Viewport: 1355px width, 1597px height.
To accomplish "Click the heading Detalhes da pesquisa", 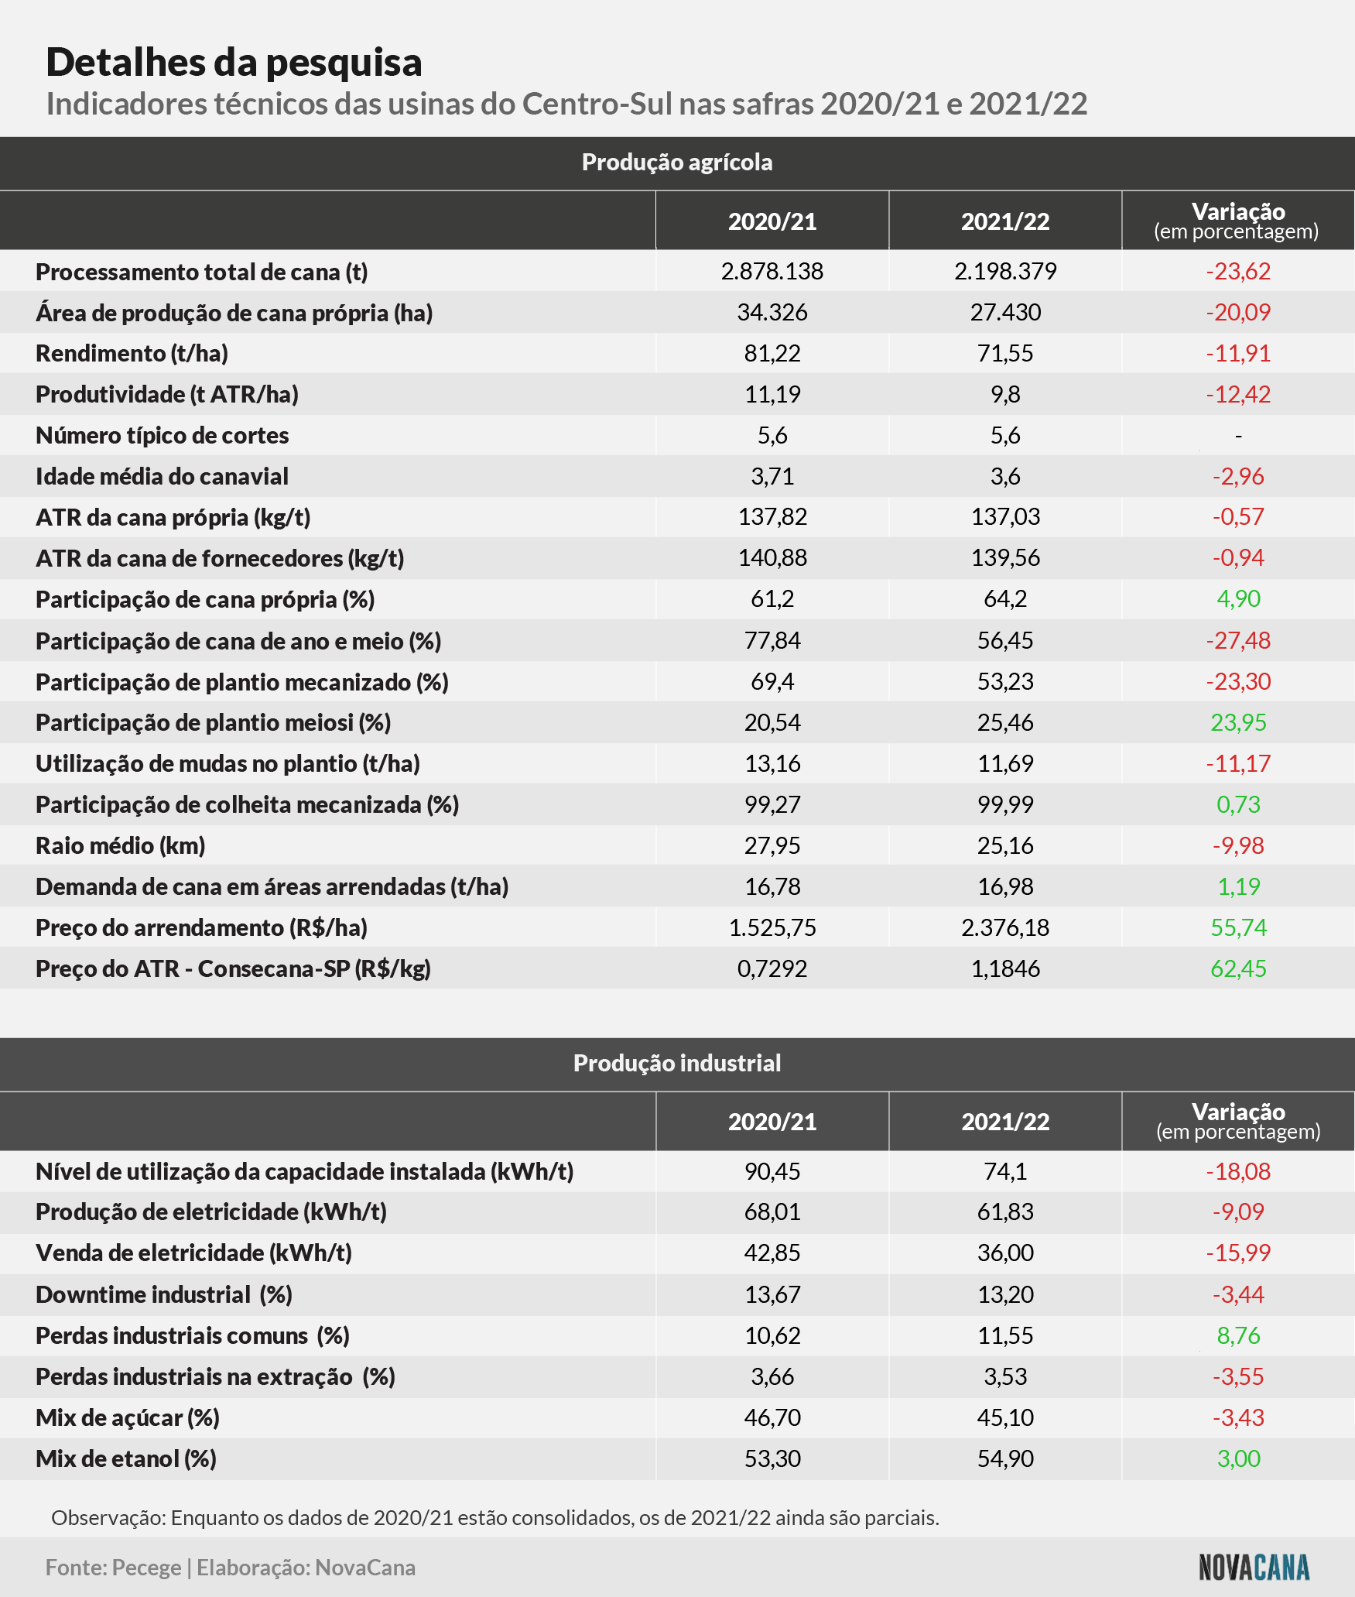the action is click(234, 63).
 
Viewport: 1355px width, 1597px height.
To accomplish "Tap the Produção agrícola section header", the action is click(677, 163).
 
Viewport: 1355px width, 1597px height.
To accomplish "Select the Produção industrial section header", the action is click(677, 1063).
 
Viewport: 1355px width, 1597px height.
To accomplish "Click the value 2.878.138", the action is click(772, 271).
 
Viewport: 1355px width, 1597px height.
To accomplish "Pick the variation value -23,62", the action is click(1238, 271).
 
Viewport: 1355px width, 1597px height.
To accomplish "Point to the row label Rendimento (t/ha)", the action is click(132, 354).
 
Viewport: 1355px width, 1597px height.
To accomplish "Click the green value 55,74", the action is click(1238, 927).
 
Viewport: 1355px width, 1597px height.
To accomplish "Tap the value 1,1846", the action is click(1005, 968).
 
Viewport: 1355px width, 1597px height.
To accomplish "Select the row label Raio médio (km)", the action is click(121, 846).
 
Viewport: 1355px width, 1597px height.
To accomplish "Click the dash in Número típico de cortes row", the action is click(1238, 437).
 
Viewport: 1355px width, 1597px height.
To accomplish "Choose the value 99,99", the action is click(1005, 804).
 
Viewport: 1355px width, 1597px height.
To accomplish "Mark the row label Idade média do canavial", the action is click(162, 476).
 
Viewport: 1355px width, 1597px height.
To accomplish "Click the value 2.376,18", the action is click(1005, 927).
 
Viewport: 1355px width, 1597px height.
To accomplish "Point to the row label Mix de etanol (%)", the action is click(126, 1458).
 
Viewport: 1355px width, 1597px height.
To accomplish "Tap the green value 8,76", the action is click(1238, 1335).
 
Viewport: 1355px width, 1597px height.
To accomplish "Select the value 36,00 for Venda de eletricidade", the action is click(1005, 1253).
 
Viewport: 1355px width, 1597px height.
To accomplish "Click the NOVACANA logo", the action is click(1254, 1568).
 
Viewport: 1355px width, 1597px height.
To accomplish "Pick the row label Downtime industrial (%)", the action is click(164, 1294).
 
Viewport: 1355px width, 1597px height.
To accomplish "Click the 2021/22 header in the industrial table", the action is click(1005, 1122).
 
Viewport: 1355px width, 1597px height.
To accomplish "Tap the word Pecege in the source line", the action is click(146, 1568).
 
